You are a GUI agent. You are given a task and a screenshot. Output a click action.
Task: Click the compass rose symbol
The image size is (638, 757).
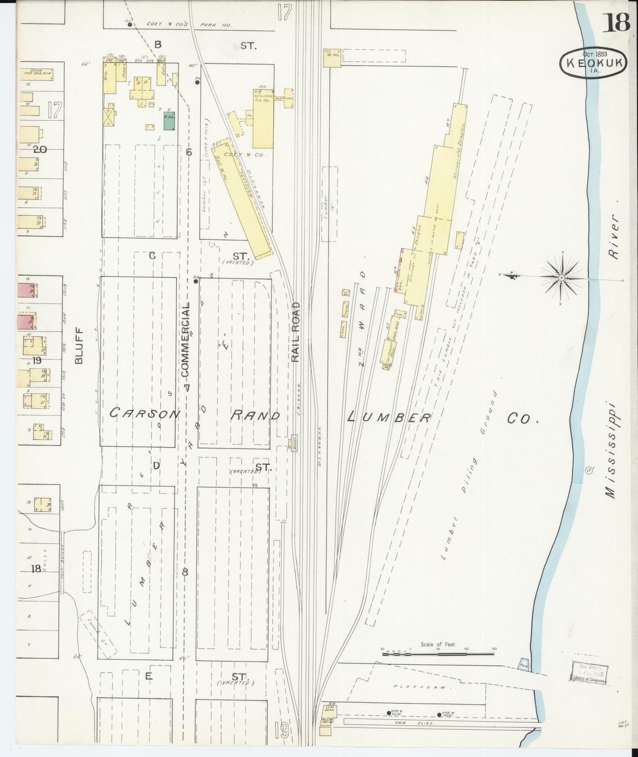tap(561, 277)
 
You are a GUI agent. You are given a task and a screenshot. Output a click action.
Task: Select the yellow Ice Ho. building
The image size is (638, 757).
tap(262, 118)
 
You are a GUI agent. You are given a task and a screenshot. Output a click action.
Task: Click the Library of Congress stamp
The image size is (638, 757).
tap(589, 673)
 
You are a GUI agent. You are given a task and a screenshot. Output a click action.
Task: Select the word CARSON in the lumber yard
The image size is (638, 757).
tap(145, 414)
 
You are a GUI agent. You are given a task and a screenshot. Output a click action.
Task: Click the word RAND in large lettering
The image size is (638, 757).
tap(256, 416)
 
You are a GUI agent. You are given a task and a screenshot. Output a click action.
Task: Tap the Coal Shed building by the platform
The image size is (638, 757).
tap(330, 709)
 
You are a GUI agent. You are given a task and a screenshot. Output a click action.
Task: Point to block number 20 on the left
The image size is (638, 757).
tap(40, 150)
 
